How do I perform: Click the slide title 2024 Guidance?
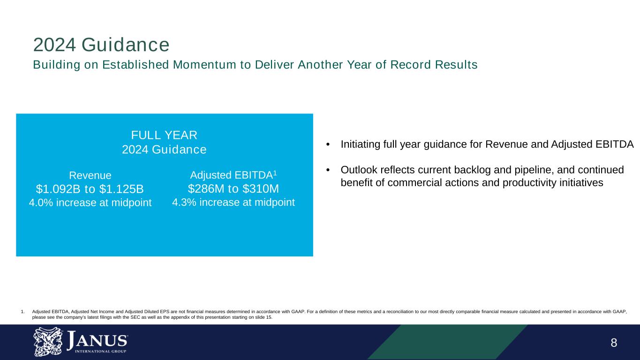coord(101,45)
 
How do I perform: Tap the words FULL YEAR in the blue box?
coord(164,135)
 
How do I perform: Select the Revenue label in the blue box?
coord(90,175)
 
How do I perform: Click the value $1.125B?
coord(121,189)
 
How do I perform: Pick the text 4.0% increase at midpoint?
coord(90,203)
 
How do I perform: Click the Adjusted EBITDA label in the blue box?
coord(231,175)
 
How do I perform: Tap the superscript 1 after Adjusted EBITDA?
coord(275,173)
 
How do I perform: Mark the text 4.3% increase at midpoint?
coord(233,202)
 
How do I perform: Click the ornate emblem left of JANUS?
coord(46,342)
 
